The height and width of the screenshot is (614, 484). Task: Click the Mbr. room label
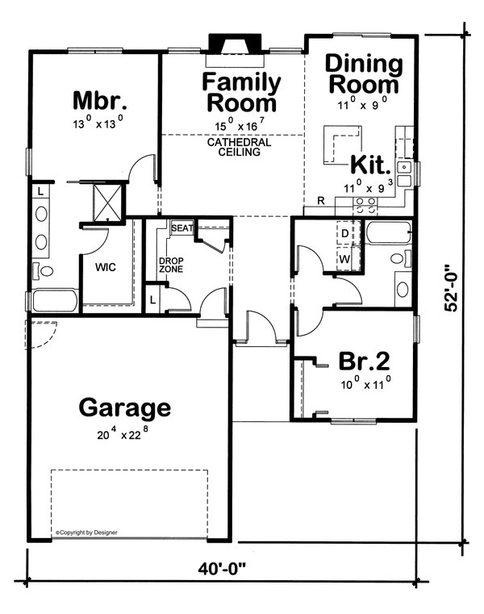pyautogui.click(x=100, y=100)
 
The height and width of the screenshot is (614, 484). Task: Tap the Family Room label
pyautogui.click(x=241, y=93)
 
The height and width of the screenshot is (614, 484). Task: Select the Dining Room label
pyautogui.click(x=364, y=74)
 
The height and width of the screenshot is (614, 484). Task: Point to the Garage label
pyautogui.click(x=125, y=408)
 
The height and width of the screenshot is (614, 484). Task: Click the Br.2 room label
pyautogui.click(x=364, y=361)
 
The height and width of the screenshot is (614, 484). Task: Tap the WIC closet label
pyautogui.click(x=106, y=267)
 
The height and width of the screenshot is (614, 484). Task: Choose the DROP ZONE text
pyautogui.click(x=171, y=265)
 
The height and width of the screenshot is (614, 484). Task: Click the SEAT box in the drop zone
pyautogui.click(x=182, y=228)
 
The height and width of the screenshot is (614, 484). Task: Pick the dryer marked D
pyautogui.click(x=345, y=234)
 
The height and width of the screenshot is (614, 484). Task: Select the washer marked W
pyautogui.click(x=345, y=259)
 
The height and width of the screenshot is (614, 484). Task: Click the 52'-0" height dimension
pyautogui.click(x=451, y=289)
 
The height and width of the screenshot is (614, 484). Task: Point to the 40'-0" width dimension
pyautogui.click(x=221, y=569)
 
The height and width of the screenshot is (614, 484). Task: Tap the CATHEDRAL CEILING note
pyautogui.click(x=239, y=147)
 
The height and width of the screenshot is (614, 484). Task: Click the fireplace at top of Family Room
pyautogui.click(x=235, y=44)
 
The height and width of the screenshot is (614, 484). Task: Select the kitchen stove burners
pyautogui.click(x=365, y=206)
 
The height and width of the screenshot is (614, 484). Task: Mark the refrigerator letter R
pyautogui.click(x=321, y=201)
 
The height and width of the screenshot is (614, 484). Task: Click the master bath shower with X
pyautogui.click(x=107, y=203)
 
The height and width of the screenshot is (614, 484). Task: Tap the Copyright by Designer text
pyautogui.click(x=86, y=533)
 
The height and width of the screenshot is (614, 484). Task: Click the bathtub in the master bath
pyautogui.click(x=55, y=301)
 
